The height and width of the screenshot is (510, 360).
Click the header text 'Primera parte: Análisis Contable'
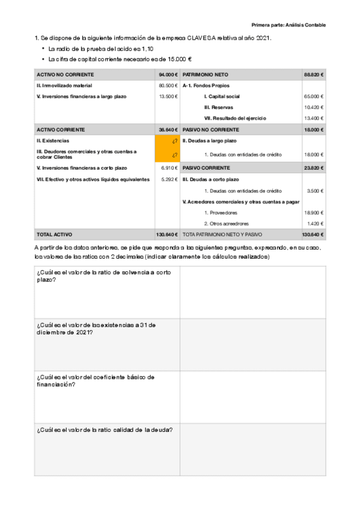289,25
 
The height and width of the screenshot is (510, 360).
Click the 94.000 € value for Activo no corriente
168,75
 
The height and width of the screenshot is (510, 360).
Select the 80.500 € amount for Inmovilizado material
168,85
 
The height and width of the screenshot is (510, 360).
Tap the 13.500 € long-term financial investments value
168,96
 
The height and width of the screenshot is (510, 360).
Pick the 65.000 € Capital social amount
313,96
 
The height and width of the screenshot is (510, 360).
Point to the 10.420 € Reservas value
313,107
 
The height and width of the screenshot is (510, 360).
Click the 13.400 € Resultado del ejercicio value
313,118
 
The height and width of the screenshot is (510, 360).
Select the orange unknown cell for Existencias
167,141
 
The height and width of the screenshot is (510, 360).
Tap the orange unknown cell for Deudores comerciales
167,154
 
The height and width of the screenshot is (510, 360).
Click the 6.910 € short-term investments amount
169,168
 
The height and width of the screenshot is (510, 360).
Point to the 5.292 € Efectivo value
169,179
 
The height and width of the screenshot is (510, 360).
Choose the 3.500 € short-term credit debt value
314,191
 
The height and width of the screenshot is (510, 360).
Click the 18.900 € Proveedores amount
313,212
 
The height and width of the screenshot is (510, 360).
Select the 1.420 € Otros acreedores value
314,223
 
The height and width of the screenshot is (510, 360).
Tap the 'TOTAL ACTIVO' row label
53,234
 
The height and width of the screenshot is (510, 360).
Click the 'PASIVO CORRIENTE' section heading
205,168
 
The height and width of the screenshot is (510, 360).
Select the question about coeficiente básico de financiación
96,380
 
